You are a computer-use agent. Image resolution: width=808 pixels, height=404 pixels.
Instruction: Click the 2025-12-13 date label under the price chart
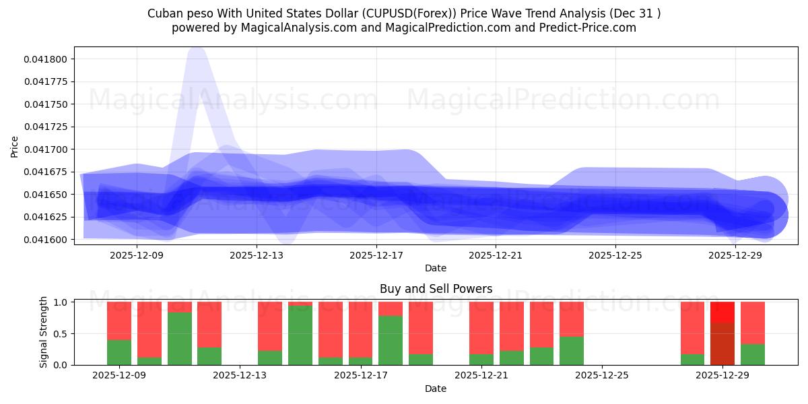(x=257, y=255)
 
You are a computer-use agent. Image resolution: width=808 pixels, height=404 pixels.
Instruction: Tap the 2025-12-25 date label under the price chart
(x=615, y=255)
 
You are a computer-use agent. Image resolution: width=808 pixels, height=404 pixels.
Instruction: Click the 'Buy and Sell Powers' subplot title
(x=436, y=289)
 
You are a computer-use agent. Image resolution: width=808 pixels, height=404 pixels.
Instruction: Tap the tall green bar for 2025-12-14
(x=300, y=335)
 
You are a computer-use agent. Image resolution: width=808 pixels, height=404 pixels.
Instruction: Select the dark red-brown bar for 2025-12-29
(x=722, y=343)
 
